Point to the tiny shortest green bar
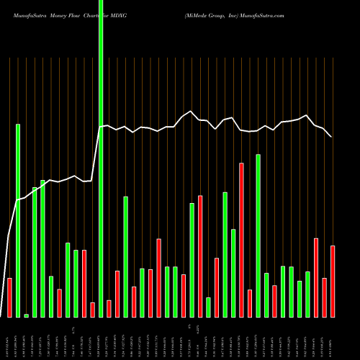(26, 315)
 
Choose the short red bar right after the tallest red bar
(250, 303)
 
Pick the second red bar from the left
(59, 303)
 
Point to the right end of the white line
(331, 137)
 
